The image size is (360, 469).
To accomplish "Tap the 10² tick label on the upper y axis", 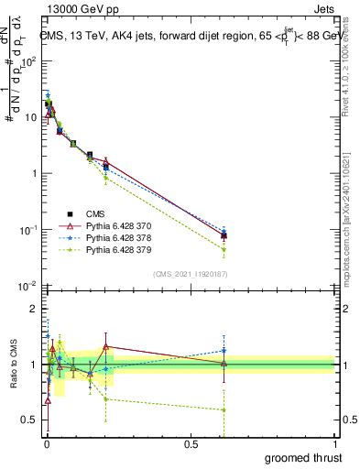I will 28,61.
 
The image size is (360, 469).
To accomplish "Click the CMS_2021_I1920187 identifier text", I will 189,274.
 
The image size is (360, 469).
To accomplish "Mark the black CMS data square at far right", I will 224,235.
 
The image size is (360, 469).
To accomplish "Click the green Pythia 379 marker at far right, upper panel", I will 224,249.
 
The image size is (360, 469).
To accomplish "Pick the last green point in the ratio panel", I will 224,409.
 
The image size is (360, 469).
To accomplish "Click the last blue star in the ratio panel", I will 224,350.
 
